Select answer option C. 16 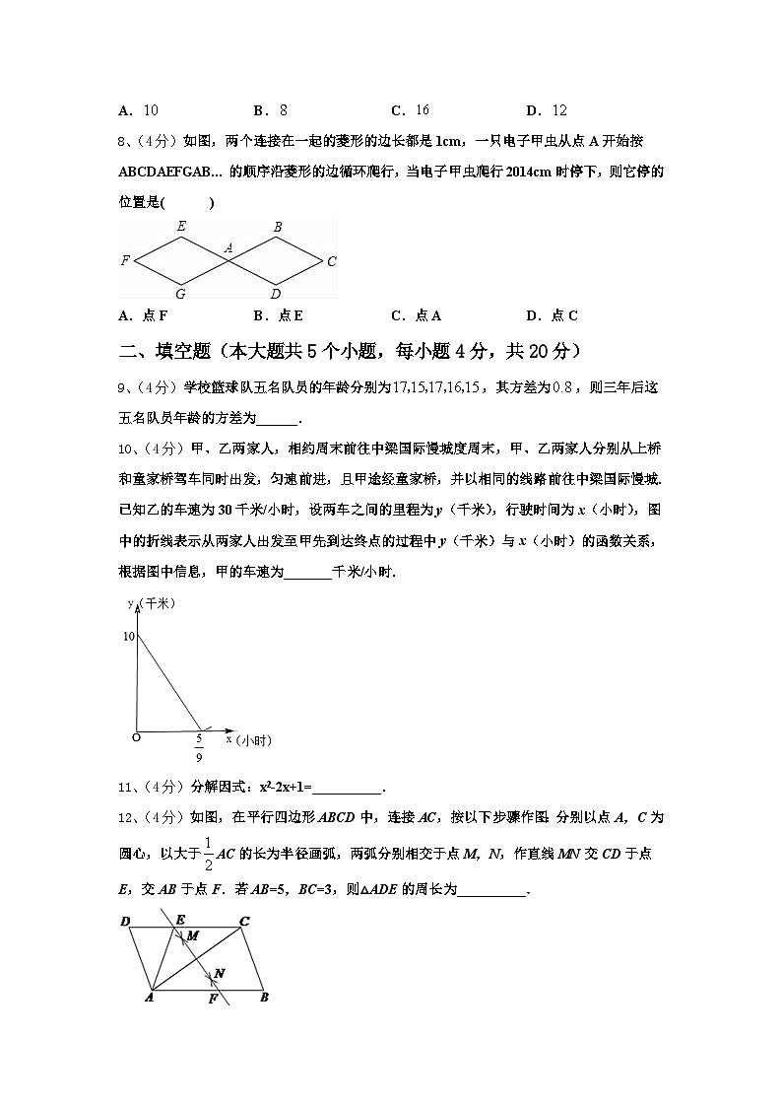point(411,110)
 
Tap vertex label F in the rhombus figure point(125,261)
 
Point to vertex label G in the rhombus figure point(180,293)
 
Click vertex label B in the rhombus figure point(278,228)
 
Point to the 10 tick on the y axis point(129,637)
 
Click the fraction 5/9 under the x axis point(199,747)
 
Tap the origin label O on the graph point(136,736)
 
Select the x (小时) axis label point(248,738)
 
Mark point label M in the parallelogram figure point(192,934)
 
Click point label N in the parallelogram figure point(220,974)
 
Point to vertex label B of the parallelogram point(264,998)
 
